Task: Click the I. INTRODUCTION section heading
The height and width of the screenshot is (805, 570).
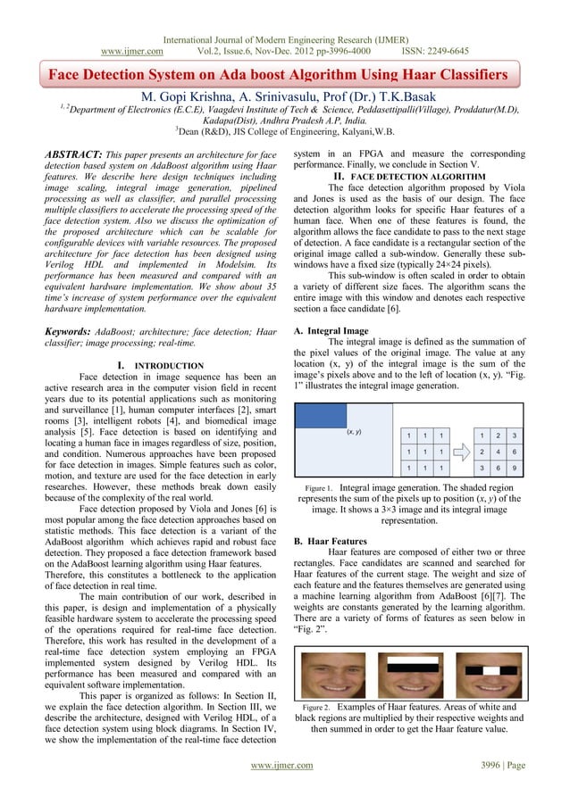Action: pos(160,365)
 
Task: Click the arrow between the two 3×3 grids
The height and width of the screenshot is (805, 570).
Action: pos(459,452)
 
